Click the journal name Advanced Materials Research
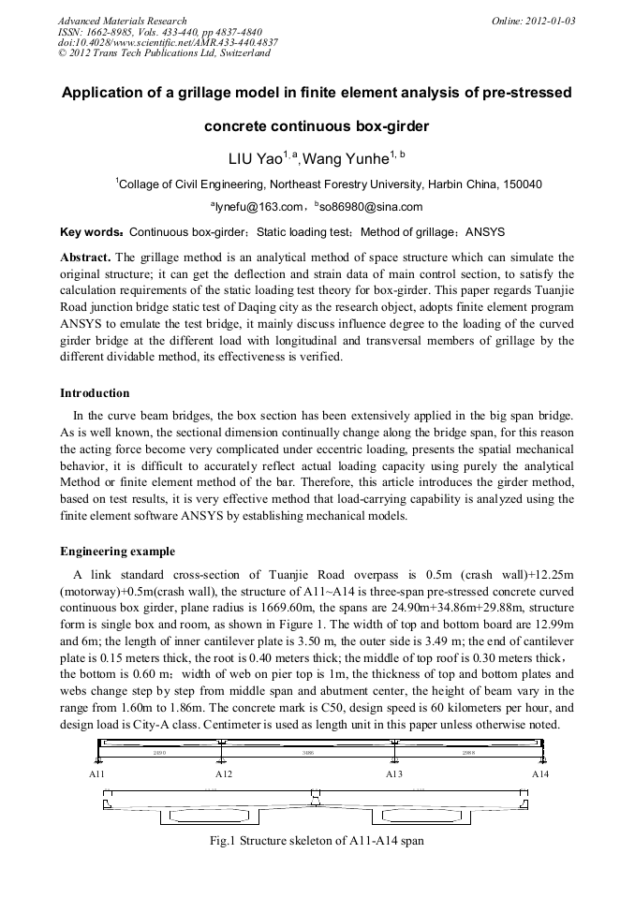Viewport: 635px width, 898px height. (x=122, y=21)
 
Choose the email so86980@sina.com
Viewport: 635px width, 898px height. (x=372, y=207)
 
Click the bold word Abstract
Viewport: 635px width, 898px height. (x=85, y=257)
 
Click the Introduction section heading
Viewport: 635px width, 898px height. (x=95, y=392)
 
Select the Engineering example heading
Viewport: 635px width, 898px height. (x=117, y=551)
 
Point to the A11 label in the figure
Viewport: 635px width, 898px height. (x=97, y=774)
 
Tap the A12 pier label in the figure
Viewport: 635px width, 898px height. (x=224, y=774)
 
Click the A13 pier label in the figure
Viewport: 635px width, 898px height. (x=394, y=774)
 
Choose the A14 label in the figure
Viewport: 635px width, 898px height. (x=540, y=774)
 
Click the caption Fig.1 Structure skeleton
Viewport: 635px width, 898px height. (x=317, y=841)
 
